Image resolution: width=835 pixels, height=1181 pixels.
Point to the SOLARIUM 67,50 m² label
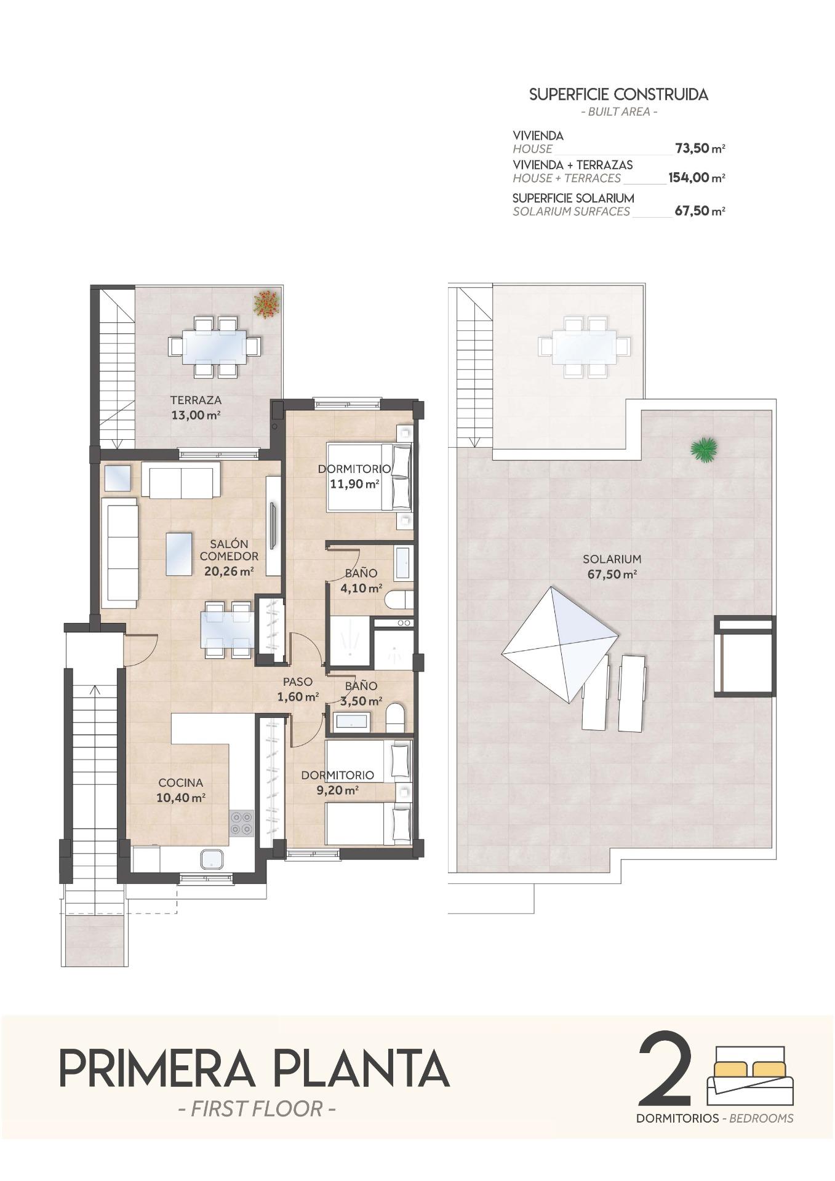[612, 567]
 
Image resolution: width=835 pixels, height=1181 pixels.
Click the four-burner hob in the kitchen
[241, 823]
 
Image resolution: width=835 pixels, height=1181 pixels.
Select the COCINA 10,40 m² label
[181, 790]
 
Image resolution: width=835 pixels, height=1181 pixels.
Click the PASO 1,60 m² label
[298, 689]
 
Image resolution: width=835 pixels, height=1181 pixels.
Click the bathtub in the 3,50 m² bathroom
[351, 721]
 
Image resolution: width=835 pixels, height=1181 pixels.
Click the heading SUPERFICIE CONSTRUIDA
[618, 95]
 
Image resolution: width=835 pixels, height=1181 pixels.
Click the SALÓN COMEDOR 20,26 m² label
[229, 557]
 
